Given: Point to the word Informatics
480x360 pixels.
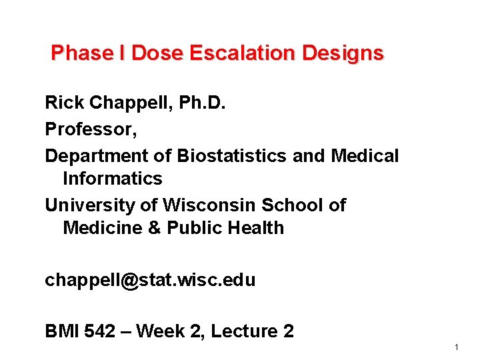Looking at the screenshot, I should pyautogui.click(x=112, y=179).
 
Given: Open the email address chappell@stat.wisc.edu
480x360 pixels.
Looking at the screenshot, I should pyautogui.click(x=150, y=280).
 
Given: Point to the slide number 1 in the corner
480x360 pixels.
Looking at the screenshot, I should pyautogui.click(x=456, y=347).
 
